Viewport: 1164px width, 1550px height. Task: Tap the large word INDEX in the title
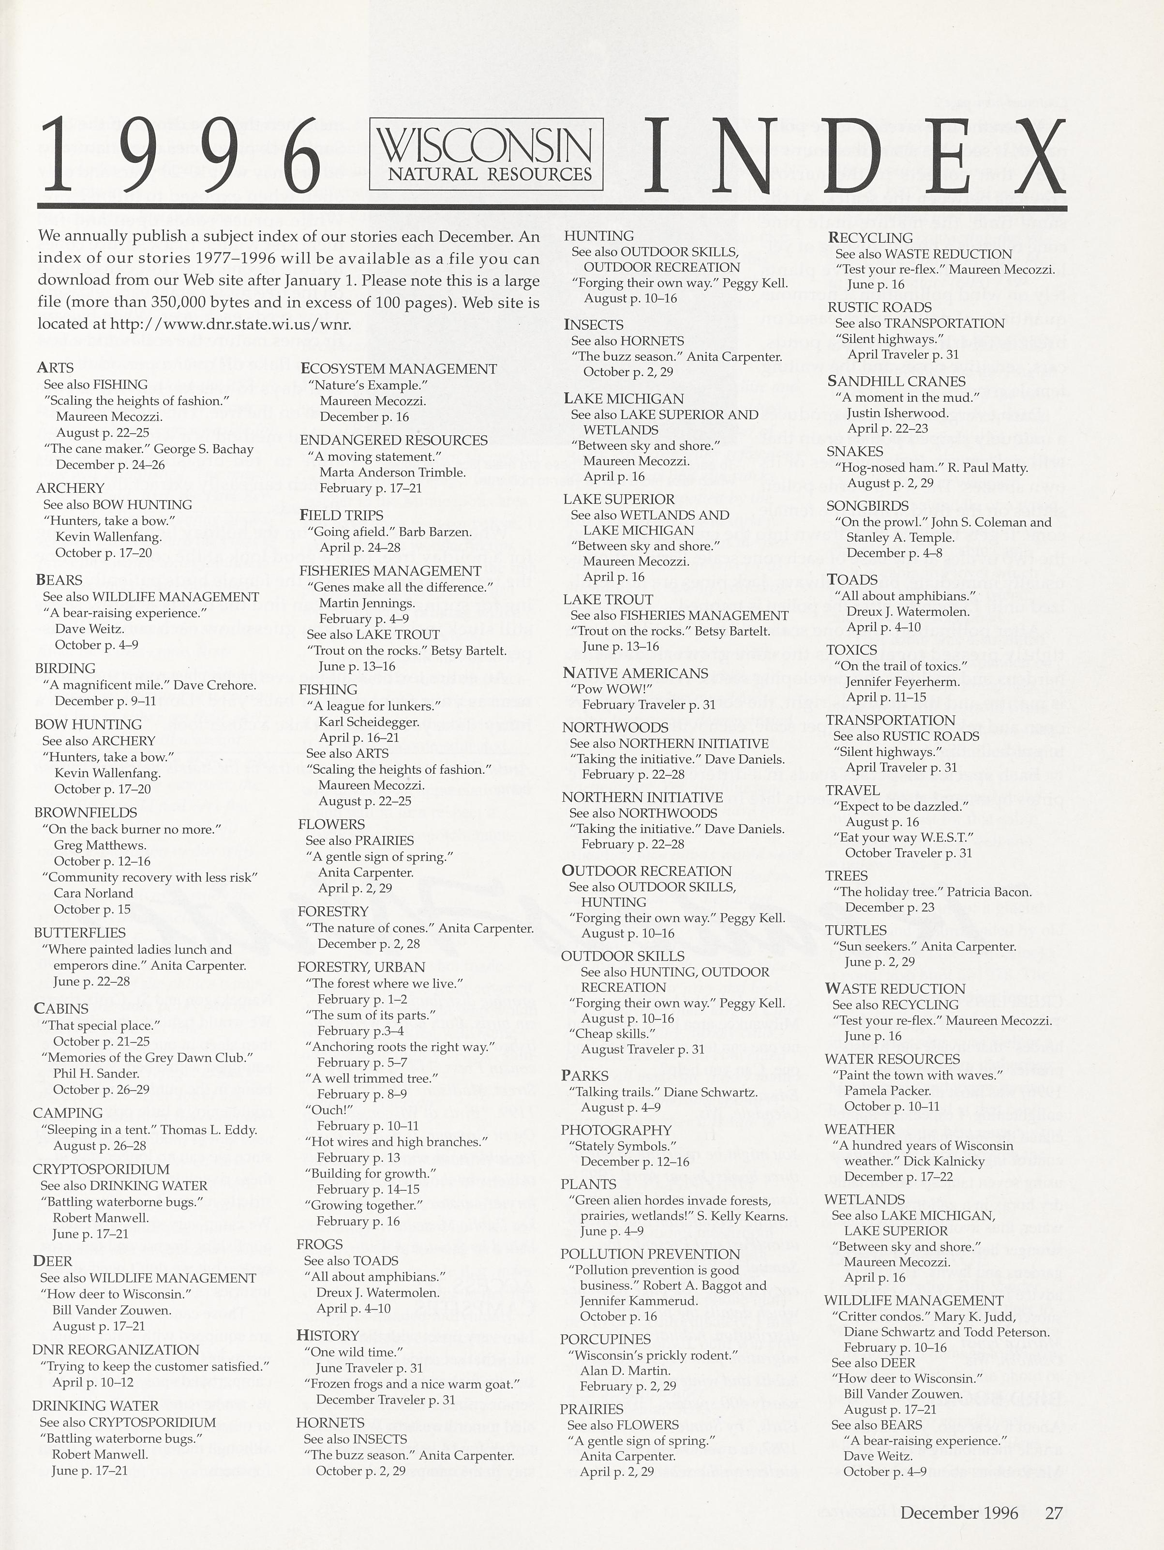[853, 156]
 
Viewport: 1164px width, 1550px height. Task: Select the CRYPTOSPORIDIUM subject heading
[101, 1169]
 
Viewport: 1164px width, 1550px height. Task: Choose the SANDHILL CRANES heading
[896, 381]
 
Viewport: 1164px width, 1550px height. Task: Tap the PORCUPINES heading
[606, 1339]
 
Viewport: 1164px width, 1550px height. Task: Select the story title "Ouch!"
[328, 1110]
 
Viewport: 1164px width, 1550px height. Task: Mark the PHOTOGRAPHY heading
[616, 1130]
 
